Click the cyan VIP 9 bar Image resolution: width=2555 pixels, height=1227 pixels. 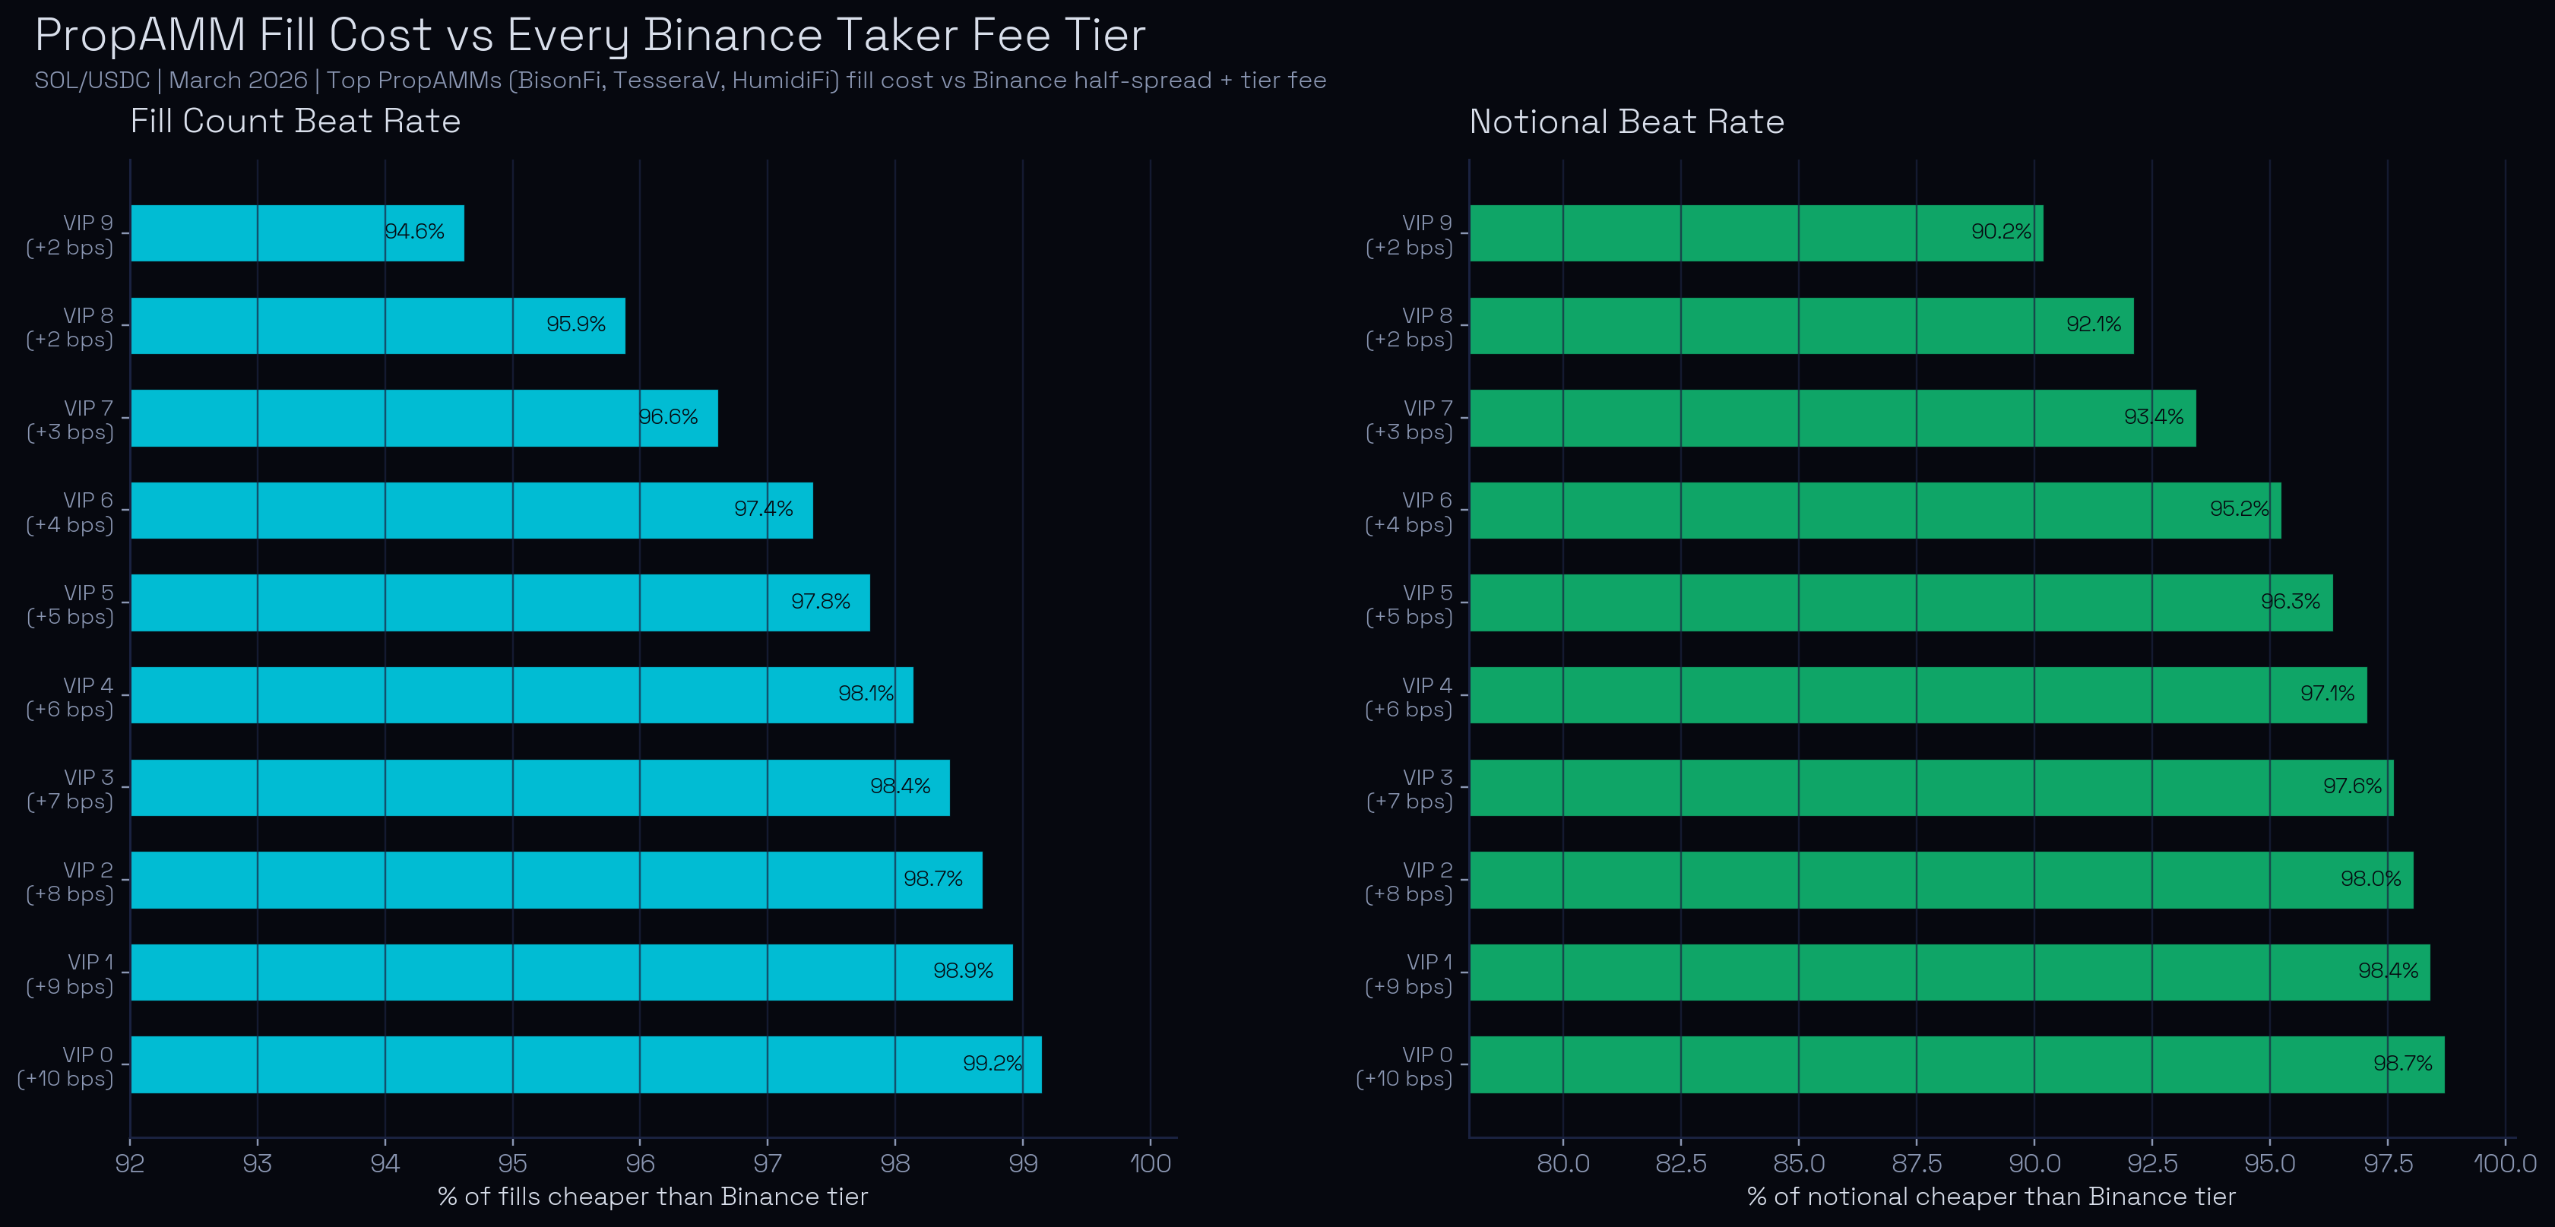pos(298,233)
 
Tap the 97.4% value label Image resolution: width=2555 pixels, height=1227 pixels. pos(763,509)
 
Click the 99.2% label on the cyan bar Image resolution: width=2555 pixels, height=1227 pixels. pos(992,1064)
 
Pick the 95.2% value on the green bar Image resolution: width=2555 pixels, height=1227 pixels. pos(2239,509)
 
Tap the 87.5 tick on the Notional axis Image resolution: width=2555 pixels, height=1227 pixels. pos(1917,1162)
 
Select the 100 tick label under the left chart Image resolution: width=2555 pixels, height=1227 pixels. pos(1151,1162)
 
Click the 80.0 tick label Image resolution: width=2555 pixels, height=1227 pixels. pos(1562,1162)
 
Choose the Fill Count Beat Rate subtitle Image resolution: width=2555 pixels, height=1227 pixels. pos(296,121)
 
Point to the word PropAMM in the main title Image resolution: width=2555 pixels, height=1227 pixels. pos(140,36)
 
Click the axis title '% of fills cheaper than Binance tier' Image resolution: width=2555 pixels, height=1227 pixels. pos(653,1197)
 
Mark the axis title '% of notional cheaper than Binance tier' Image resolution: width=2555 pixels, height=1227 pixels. pos(1990,1197)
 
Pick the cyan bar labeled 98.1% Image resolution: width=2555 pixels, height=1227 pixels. pos(521,694)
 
